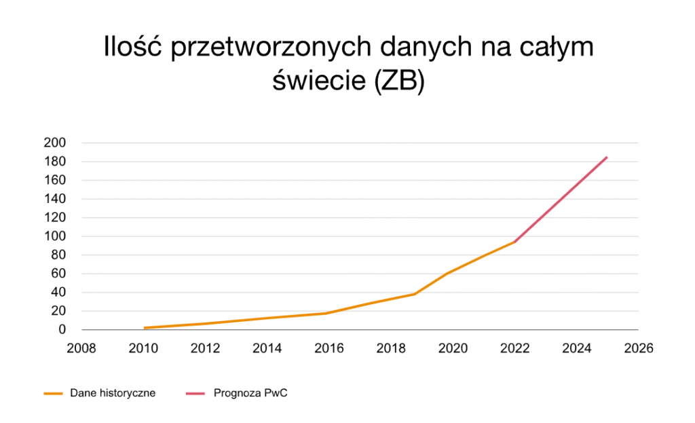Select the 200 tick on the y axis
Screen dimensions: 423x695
tap(54, 143)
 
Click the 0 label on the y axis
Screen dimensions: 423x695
tap(61, 330)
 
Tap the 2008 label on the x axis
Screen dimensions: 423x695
tap(81, 348)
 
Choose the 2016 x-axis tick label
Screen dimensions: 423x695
tap(328, 348)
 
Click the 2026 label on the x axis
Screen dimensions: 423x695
tap(638, 348)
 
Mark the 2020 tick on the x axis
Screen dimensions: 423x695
tap(453, 348)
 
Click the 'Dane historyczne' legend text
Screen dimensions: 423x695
tap(113, 393)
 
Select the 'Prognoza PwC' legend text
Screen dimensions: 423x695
tap(250, 393)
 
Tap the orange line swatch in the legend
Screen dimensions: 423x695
tap(53, 393)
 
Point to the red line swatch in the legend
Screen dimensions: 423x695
tap(195, 393)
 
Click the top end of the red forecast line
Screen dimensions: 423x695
tap(607, 157)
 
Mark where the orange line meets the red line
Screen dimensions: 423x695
tap(514, 242)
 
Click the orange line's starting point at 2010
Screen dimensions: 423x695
tap(144, 328)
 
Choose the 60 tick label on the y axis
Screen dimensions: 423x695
tap(58, 274)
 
